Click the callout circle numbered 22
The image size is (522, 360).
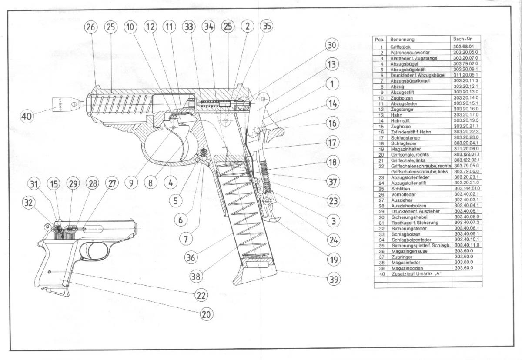(201, 295)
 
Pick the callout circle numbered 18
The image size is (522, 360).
(332, 162)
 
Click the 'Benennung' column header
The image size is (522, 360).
(400, 39)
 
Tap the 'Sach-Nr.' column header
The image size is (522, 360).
(462, 39)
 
